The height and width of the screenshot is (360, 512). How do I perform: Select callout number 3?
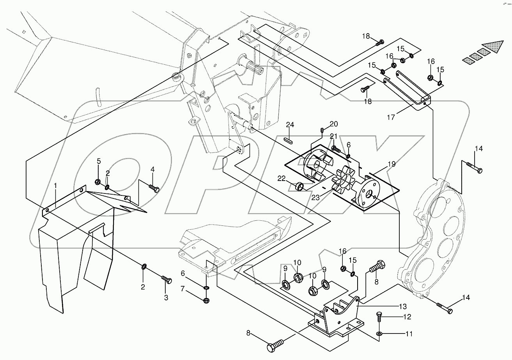click(x=166, y=298)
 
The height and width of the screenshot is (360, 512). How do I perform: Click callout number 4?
click(x=152, y=169)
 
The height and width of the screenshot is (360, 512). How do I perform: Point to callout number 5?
click(x=99, y=161)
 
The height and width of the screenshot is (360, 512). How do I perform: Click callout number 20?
click(x=334, y=124)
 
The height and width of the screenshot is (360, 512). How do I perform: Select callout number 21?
click(x=333, y=136)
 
